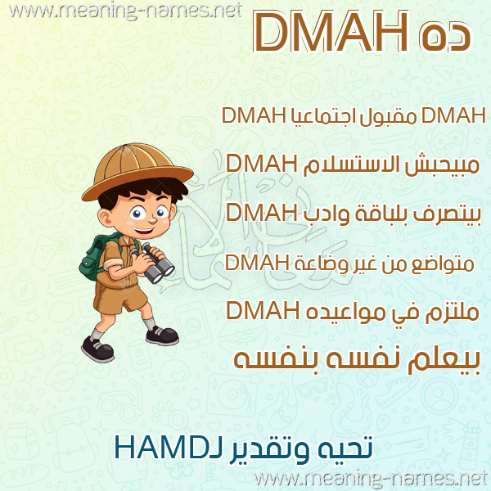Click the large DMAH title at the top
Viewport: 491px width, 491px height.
coord(331,31)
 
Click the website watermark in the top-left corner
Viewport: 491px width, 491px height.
coord(125,11)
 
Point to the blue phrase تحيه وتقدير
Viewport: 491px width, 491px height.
coord(300,449)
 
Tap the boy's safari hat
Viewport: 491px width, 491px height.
coord(137,171)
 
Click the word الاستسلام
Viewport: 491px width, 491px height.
coord(350,164)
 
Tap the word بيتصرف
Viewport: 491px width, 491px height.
coord(447,214)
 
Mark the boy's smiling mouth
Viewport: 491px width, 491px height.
coord(144,232)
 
